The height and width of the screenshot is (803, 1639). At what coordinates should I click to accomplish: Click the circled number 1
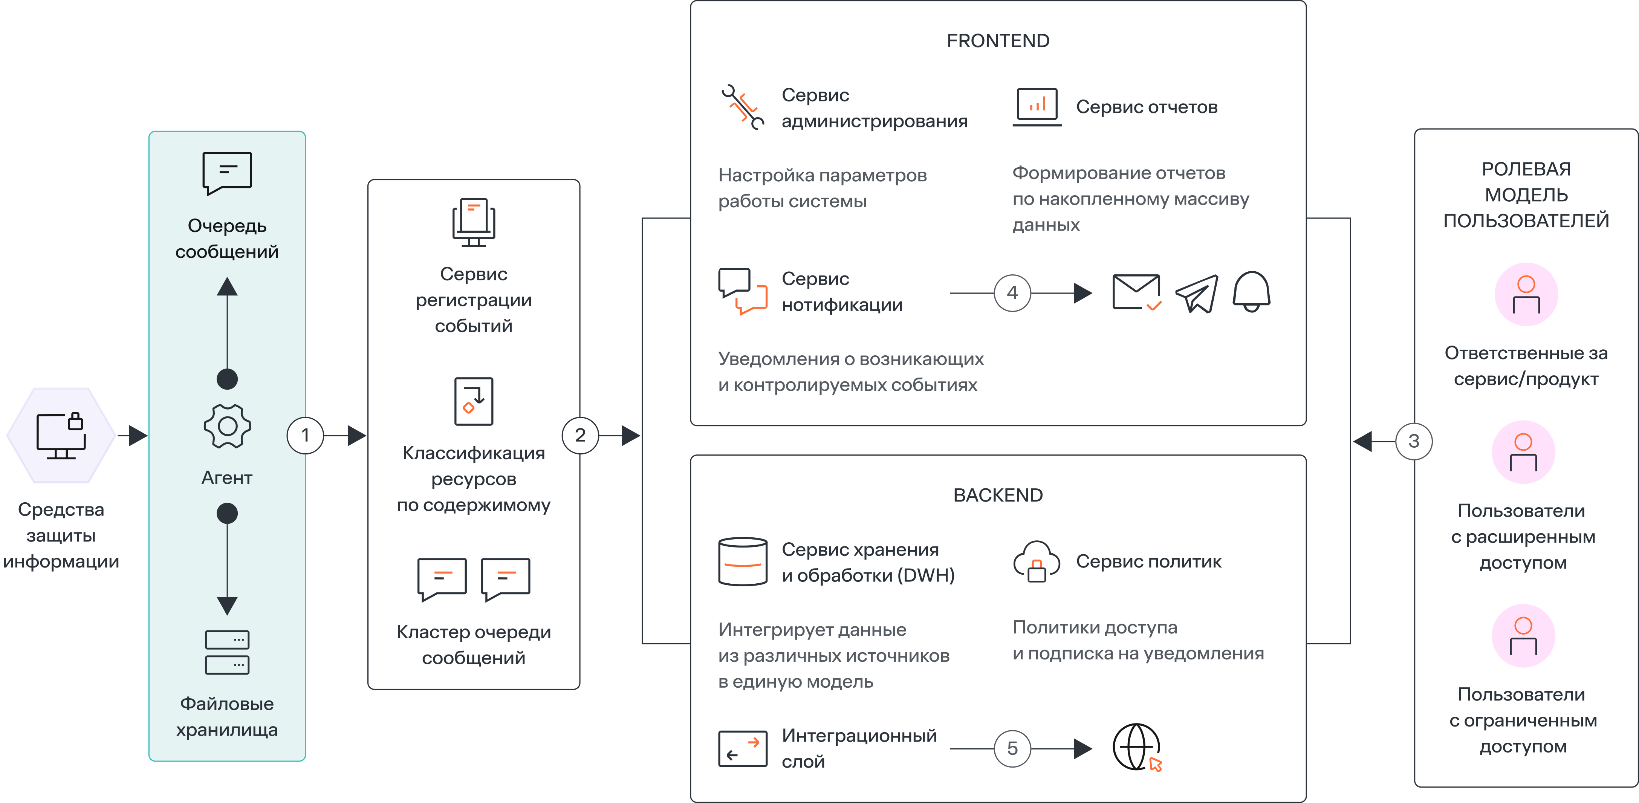pos(306,435)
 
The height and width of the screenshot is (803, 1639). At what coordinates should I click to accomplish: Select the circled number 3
pos(1414,441)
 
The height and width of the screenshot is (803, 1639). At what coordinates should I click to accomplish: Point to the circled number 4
pos(1012,293)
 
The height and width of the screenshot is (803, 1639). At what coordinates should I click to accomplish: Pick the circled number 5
pos(1012,748)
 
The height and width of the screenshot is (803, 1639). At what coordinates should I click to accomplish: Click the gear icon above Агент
pos(227,426)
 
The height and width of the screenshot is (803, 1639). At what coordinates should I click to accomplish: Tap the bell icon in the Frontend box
pos(1252,291)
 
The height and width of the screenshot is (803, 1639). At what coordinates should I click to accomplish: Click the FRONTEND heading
pos(998,41)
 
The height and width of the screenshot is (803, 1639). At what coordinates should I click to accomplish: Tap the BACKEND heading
pos(998,495)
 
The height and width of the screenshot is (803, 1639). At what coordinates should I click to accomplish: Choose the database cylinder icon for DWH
pos(743,561)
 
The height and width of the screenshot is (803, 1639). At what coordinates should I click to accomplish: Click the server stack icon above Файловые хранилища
pos(227,652)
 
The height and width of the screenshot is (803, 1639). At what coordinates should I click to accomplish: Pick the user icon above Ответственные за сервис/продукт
pos(1526,295)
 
